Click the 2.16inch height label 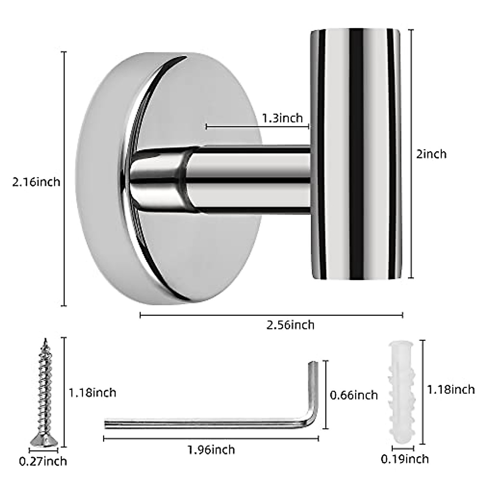[36, 182]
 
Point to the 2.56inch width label [291, 325]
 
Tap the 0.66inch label [354, 395]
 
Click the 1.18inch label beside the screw [92, 392]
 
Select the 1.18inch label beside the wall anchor [451, 389]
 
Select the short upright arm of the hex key [313, 385]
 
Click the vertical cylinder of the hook [355, 154]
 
